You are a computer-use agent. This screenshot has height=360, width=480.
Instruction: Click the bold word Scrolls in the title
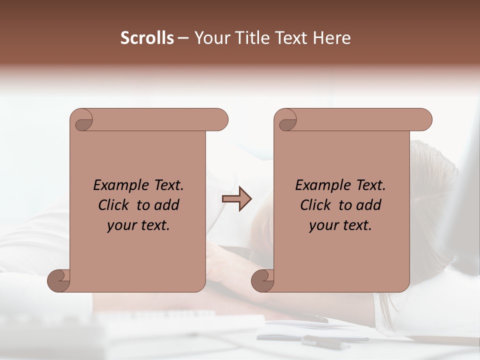pos(147,37)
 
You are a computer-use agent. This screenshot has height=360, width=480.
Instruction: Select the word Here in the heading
pos(332,37)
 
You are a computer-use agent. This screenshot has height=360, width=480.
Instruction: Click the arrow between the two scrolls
pos(237,199)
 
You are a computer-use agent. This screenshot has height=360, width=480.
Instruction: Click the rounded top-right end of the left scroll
pos(220,120)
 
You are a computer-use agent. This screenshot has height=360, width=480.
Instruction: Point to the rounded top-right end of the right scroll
pos(424,120)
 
